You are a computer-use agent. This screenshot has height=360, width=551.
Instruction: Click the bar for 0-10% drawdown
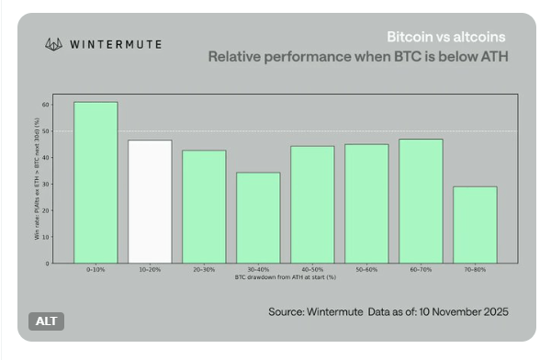tap(96, 183)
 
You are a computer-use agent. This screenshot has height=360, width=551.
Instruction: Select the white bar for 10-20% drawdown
tap(150, 202)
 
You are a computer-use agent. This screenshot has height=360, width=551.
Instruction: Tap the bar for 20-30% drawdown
tap(204, 207)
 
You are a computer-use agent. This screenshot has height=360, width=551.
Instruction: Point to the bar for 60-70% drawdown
tap(421, 201)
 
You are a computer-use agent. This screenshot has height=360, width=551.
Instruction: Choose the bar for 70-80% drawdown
tap(475, 225)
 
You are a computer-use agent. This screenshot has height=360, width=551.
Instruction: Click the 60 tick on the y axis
tap(46, 105)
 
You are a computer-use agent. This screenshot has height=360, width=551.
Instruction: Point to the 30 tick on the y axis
tap(46, 185)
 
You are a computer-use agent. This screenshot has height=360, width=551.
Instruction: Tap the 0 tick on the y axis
tap(48, 264)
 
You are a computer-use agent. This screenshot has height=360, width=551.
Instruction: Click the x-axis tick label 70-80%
tap(475, 270)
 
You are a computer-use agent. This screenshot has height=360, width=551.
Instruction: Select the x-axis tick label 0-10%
tap(96, 270)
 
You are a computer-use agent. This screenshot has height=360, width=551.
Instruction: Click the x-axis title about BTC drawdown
tap(286, 276)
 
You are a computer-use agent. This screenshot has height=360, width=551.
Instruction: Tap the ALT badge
tap(45, 322)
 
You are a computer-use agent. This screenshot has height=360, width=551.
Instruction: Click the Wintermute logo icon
tap(54, 43)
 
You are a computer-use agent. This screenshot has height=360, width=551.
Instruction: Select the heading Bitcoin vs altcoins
tap(445, 38)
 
